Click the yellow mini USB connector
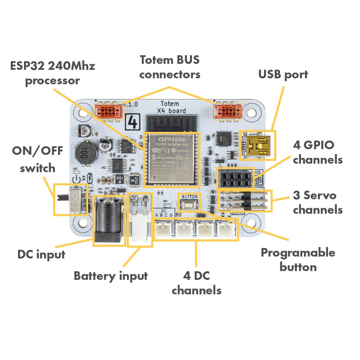pos(257,146)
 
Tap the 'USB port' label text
pos(283,74)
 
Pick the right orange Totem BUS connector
pos(229,111)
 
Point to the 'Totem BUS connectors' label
pos(170,67)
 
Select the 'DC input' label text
pos(41,254)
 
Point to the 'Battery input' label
pos(110,276)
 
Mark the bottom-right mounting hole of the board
pos(252,224)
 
